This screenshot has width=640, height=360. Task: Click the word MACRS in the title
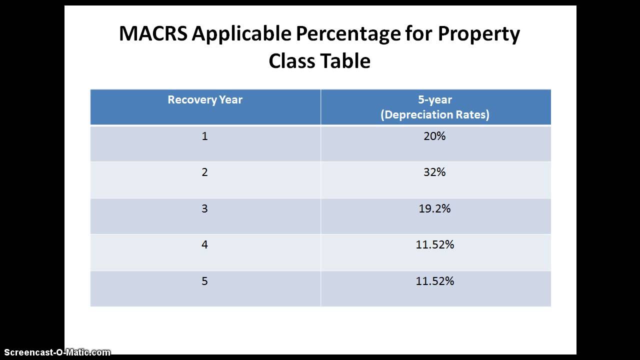click(153, 34)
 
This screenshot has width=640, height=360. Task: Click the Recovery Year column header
click(205, 99)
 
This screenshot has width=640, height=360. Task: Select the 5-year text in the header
click(435, 99)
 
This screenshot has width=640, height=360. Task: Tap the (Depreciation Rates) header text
click(435, 114)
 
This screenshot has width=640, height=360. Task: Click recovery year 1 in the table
click(204, 136)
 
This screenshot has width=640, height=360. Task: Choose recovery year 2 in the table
click(204, 172)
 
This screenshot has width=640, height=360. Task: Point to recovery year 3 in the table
click(204, 208)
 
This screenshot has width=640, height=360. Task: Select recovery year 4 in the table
click(204, 244)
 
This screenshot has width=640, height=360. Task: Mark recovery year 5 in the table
click(204, 281)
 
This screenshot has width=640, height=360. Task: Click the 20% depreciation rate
click(434, 136)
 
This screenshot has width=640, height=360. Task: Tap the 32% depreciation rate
click(434, 172)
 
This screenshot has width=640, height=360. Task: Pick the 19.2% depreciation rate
click(434, 208)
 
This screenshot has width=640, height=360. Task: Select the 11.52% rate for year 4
click(434, 244)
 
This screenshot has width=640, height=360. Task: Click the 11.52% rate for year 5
click(434, 281)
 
